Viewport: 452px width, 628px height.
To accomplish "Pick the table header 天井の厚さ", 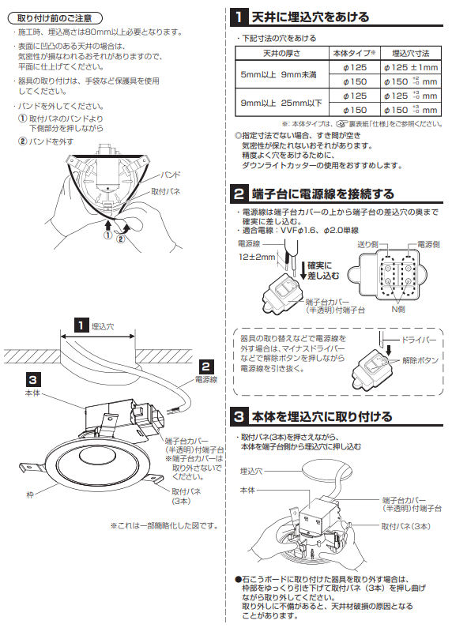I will pyautogui.click(x=279, y=53).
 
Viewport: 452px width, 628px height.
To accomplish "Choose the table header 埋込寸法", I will pyautogui.click(x=411, y=53).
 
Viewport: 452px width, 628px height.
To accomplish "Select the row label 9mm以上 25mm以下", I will pyautogui.click(x=279, y=103).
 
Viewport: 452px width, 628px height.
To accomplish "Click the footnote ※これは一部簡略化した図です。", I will pyautogui.click(x=164, y=525).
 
